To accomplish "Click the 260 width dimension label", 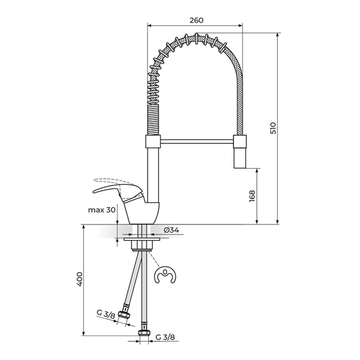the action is point(196,20).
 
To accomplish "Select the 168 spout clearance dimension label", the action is point(252,196).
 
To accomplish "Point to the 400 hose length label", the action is point(79,279).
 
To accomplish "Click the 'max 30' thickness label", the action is point(102,210).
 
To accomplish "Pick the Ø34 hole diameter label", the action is point(171,230).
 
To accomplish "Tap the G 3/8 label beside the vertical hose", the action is point(166,337).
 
